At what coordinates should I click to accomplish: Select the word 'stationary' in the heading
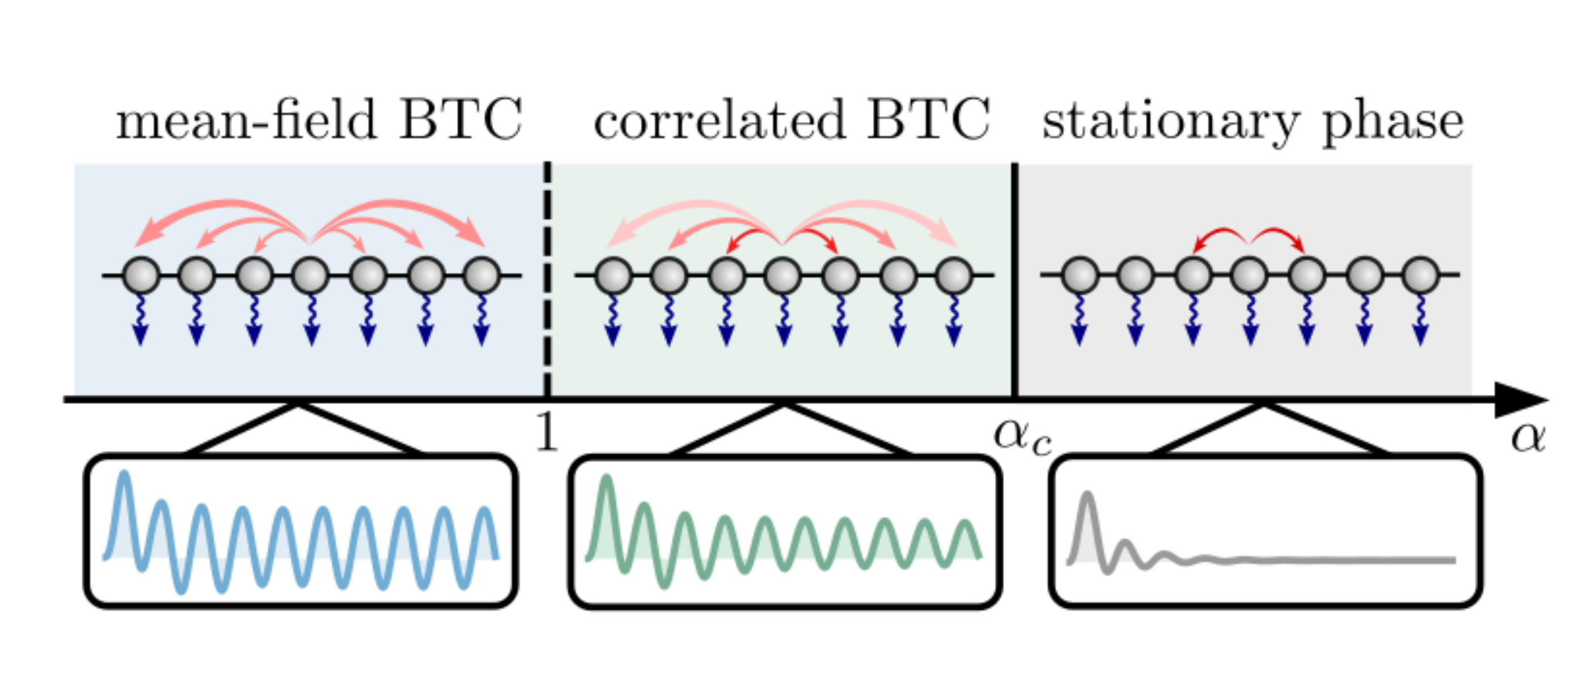point(1170,121)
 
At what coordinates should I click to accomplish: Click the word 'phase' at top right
point(1393,124)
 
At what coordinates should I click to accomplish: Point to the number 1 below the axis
point(546,432)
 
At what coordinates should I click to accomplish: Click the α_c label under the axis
point(1022,436)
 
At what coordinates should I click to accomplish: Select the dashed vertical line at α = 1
point(547,279)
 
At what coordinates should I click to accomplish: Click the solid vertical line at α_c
point(1014,279)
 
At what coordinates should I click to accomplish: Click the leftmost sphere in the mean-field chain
point(141,275)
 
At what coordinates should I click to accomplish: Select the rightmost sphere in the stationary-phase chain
point(1420,275)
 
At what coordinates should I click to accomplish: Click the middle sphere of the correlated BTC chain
point(783,275)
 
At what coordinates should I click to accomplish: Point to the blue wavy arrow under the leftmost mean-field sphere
point(141,319)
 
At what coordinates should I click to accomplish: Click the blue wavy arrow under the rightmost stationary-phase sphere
point(1420,319)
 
